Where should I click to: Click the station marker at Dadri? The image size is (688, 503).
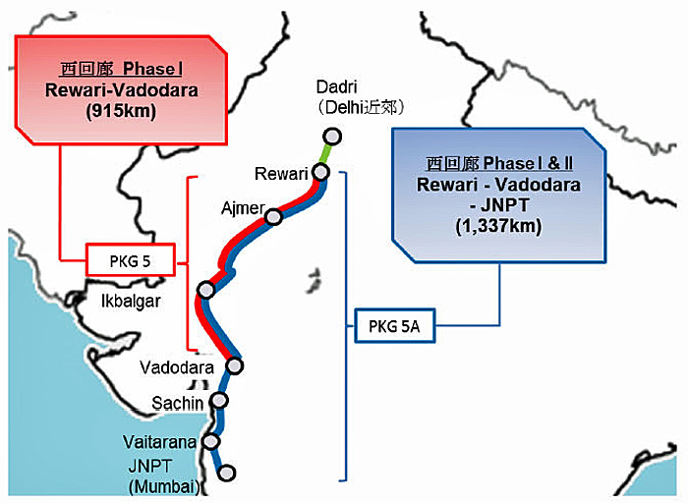(x=332, y=137)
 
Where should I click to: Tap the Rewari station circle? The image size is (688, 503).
(x=321, y=172)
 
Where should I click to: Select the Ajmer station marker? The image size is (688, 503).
(x=274, y=217)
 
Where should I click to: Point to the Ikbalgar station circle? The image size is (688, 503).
(x=205, y=290)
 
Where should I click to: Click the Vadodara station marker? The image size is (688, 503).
(x=235, y=365)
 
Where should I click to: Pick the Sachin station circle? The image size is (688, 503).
(x=219, y=400)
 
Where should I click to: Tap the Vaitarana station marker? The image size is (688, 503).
(x=211, y=441)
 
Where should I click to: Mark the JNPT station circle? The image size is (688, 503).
(x=226, y=473)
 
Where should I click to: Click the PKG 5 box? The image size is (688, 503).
(x=131, y=259)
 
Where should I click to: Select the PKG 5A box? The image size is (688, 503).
(x=394, y=326)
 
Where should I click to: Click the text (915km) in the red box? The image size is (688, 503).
(x=121, y=111)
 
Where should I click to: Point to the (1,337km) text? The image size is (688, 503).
(x=498, y=226)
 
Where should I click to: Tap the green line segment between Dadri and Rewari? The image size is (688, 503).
(x=326, y=154)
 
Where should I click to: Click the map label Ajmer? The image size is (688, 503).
(x=243, y=208)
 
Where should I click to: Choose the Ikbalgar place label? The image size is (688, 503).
(x=131, y=302)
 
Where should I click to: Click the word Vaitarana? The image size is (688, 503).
(x=159, y=442)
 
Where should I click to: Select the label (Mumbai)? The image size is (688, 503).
(x=164, y=486)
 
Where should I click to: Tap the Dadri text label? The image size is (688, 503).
(x=336, y=86)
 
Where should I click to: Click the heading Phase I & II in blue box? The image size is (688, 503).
(x=529, y=164)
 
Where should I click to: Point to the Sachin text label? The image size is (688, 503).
(x=178, y=403)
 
